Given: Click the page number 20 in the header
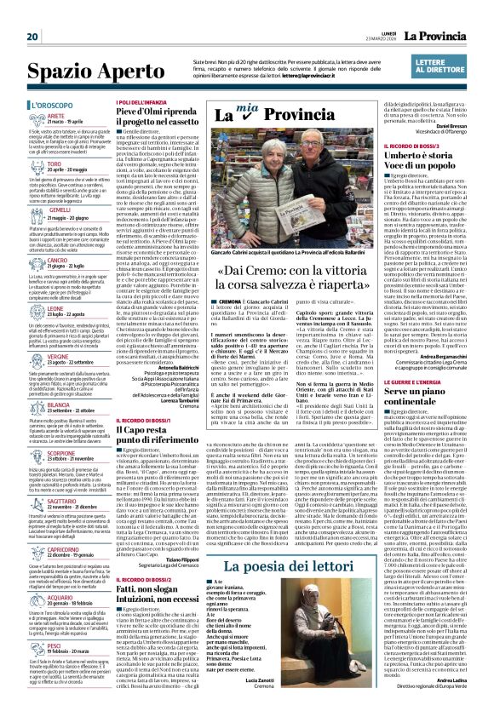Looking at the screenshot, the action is pyautogui.click(x=33, y=13).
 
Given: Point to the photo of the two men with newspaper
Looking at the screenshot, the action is pyautogui.click(x=294, y=186).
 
